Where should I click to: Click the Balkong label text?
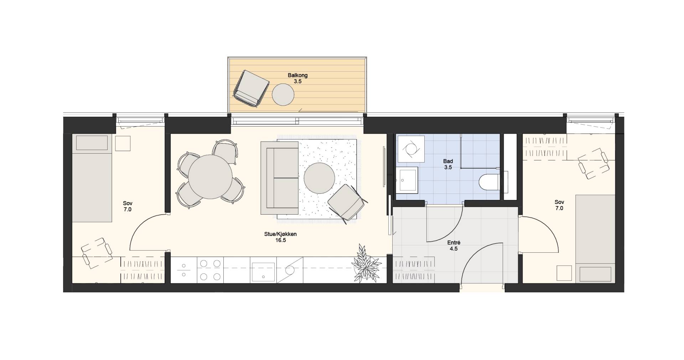[x=297, y=76]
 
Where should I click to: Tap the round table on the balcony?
[x=283, y=94]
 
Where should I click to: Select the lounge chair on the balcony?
[x=251, y=88]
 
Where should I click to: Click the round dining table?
[x=210, y=177]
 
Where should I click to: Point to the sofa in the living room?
[x=279, y=178]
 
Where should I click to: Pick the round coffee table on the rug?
[x=319, y=178]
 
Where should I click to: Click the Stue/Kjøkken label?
[x=280, y=234]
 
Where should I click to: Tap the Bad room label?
[x=448, y=161]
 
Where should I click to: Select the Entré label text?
[x=453, y=243]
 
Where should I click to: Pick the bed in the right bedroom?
[x=595, y=239]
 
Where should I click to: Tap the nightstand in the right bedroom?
[x=565, y=273]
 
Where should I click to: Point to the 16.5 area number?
[x=280, y=240]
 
